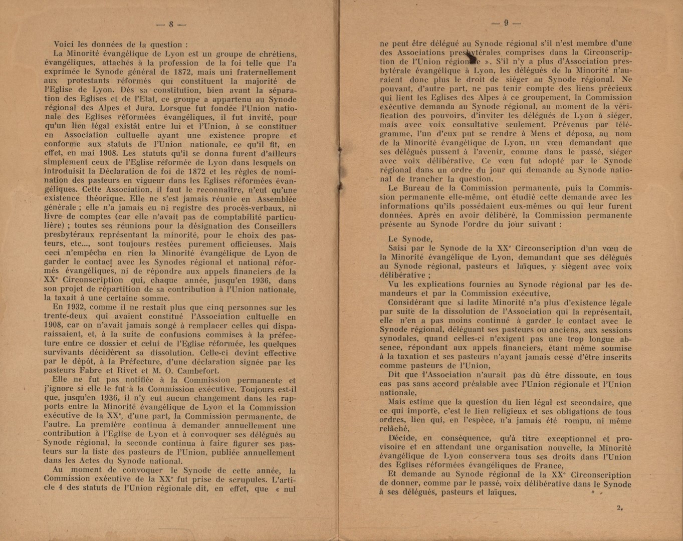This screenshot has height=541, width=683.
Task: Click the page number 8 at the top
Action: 171,24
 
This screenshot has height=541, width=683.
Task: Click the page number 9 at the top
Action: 506,23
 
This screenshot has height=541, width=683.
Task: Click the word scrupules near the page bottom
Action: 241,479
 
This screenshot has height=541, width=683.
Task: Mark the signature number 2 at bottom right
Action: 619,508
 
